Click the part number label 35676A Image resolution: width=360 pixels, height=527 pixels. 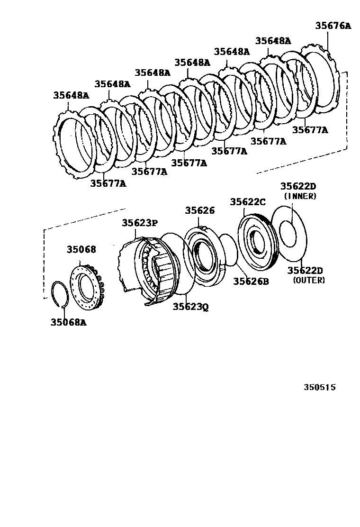tap(333, 26)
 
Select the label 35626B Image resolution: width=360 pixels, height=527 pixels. tap(251, 281)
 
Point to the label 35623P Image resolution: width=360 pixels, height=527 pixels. tap(141, 223)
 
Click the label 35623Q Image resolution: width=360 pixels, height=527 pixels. tap(190, 307)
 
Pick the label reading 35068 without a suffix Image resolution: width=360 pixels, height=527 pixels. tap(81, 249)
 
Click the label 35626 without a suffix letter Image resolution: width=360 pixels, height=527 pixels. tap(199, 211)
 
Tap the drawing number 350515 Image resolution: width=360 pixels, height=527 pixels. tap(319, 387)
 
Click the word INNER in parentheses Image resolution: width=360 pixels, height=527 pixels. tap(300, 196)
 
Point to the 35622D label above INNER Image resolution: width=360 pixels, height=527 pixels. tap(297, 187)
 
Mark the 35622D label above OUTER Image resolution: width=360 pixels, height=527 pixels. tap(305, 271)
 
